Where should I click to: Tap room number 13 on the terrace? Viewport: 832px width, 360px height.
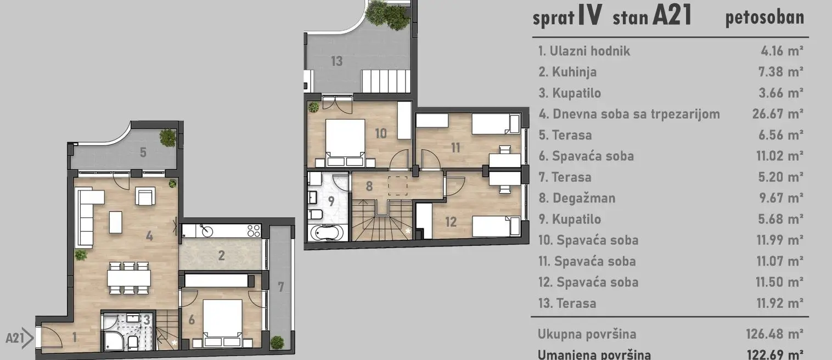(336, 60)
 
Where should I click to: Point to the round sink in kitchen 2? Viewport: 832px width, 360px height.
(207, 230)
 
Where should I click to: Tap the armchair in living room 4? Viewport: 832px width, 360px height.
(145, 197)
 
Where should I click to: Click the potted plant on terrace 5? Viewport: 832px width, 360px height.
(167, 137)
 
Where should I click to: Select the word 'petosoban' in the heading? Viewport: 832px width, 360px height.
(764, 18)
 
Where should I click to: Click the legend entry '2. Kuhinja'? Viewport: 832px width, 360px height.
(567, 72)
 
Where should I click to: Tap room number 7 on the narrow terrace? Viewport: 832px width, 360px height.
(281, 287)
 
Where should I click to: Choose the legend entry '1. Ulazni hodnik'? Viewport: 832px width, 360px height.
(584, 51)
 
